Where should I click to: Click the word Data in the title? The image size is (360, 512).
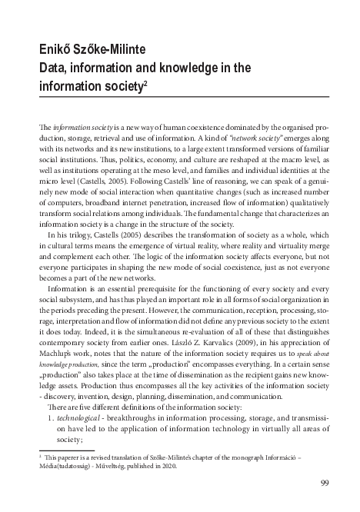(x=54, y=68)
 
